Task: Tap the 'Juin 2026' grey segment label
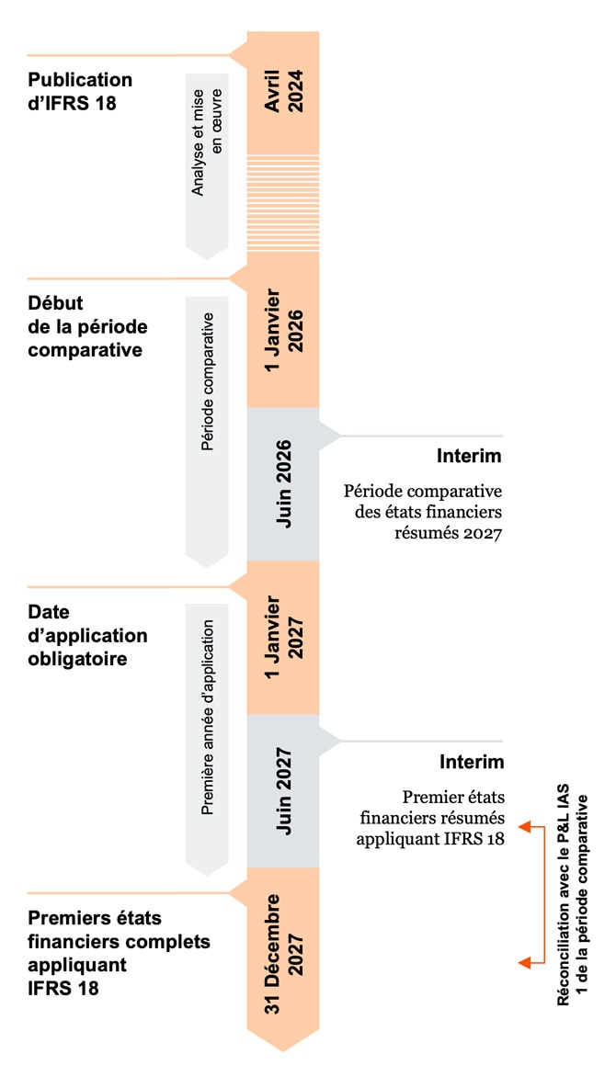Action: click(283, 483)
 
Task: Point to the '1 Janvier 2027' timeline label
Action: click(283, 638)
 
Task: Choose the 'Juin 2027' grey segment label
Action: click(283, 791)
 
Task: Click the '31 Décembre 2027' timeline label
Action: click(283, 955)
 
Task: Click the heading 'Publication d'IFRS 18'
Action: click(80, 91)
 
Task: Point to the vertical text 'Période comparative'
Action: click(207, 381)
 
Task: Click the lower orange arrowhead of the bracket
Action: click(524, 962)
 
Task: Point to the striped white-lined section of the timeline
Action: click(283, 202)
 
